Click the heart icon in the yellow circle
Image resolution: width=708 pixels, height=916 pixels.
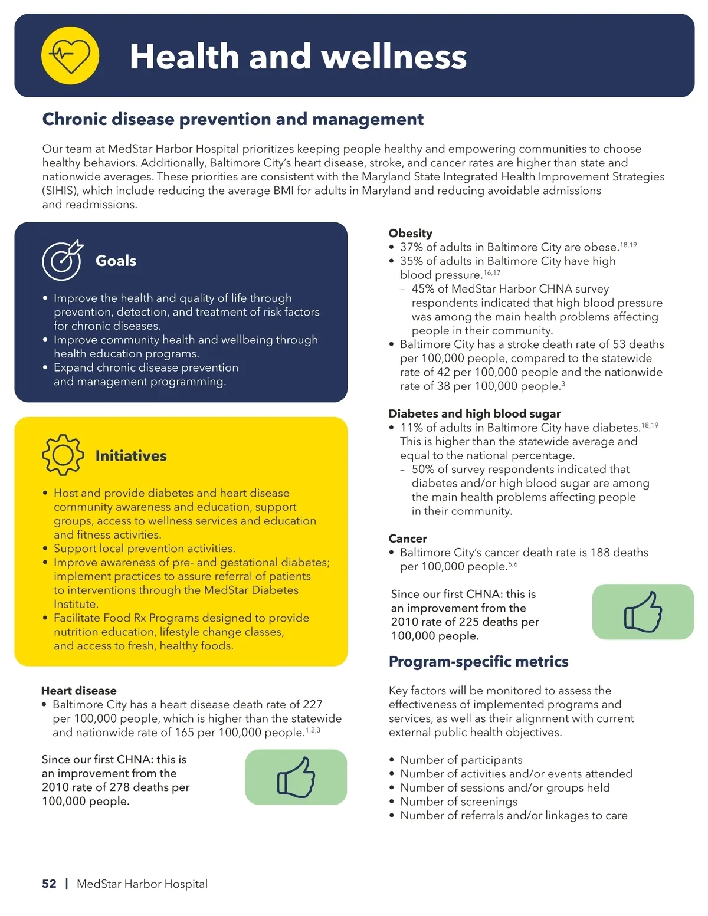[70, 55]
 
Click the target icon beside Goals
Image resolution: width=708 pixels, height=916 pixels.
[62, 260]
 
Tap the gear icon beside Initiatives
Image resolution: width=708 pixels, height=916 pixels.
[63, 455]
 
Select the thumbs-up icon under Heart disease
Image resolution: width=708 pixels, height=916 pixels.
[296, 777]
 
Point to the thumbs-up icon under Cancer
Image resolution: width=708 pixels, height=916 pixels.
[643, 612]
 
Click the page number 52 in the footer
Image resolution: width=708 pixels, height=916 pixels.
[49, 884]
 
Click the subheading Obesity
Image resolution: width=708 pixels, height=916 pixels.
[410, 233]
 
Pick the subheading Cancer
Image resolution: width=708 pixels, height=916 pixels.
[407, 539]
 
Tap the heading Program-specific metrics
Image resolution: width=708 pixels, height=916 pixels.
[478, 662]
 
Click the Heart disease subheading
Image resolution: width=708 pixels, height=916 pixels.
[78, 691]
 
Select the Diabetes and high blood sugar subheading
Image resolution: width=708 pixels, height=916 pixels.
[474, 413]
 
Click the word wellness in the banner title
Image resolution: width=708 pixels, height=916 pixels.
[394, 57]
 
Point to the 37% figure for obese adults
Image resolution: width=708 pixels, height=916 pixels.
[411, 247]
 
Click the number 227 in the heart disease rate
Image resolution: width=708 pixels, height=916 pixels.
[313, 704]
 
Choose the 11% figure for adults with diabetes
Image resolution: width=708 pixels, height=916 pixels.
[411, 428]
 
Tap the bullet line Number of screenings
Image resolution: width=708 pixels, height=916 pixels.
[458, 802]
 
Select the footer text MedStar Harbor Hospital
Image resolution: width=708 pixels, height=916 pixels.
[142, 884]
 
